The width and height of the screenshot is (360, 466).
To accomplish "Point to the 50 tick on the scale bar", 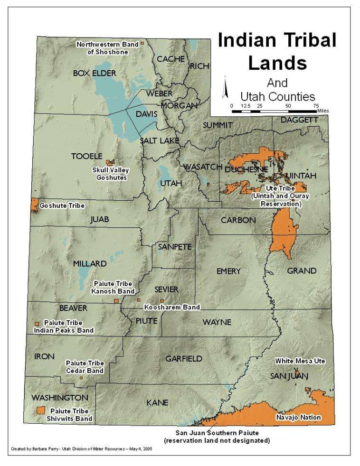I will click(x=288, y=106).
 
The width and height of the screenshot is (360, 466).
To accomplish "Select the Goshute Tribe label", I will click(x=62, y=205).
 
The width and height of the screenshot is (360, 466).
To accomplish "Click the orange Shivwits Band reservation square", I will click(x=41, y=410).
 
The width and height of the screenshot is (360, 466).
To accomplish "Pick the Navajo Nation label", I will click(x=298, y=418).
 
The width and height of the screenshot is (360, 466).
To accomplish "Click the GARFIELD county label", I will click(x=184, y=359).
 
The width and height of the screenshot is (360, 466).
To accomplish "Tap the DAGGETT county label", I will click(x=299, y=121).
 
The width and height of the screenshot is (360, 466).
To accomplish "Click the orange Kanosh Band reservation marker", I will click(x=116, y=300).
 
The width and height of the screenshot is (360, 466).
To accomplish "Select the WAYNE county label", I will click(x=217, y=322).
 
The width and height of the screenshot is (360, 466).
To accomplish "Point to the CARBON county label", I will click(x=238, y=220).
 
